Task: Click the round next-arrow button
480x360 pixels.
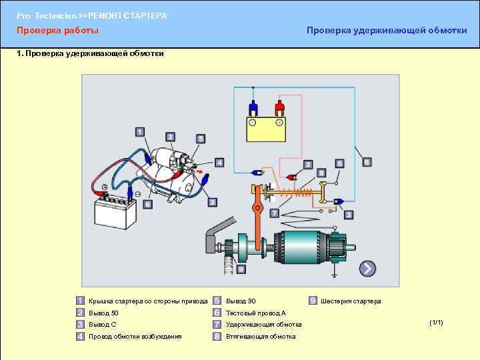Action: (x=367, y=269)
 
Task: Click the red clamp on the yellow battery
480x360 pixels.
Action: (x=280, y=107)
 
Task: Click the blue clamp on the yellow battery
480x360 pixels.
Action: (x=253, y=107)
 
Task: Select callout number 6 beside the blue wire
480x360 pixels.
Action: (x=367, y=162)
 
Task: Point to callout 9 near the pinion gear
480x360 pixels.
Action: (x=241, y=269)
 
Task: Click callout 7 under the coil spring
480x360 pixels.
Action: (x=273, y=213)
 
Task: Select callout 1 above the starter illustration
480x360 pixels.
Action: (x=139, y=132)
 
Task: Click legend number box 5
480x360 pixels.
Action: (x=217, y=301)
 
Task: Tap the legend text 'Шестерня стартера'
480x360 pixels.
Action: (x=351, y=301)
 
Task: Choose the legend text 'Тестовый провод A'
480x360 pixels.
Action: (x=255, y=313)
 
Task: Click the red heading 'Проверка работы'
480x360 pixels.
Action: (x=57, y=31)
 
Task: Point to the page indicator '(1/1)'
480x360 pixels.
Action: (x=437, y=323)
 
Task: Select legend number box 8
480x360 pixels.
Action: (x=217, y=337)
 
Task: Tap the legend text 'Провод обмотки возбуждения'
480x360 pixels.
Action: (x=135, y=337)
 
